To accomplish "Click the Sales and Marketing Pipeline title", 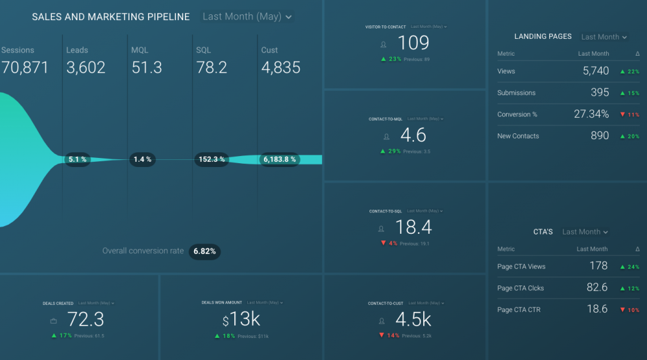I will [111, 17].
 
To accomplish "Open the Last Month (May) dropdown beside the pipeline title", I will [247, 17].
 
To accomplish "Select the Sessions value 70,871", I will [25, 67].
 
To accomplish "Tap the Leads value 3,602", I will [86, 67].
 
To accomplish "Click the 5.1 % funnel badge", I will [78, 159].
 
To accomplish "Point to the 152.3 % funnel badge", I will [212, 159].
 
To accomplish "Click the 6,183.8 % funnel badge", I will [280, 159].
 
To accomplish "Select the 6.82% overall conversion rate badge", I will [204, 251].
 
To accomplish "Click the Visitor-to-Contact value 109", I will [413, 43].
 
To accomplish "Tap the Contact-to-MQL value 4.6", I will [413, 135].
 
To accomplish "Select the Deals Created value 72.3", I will [85, 319].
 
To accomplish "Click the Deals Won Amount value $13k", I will [241, 319].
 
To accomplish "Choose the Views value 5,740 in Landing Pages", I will [595, 71].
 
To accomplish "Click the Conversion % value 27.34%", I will [591, 115].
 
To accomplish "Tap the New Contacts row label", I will [518, 136].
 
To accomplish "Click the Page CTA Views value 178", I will [598, 266].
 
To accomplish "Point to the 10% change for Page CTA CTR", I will [629, 310].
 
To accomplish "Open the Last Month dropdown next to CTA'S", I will [586, 232].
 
